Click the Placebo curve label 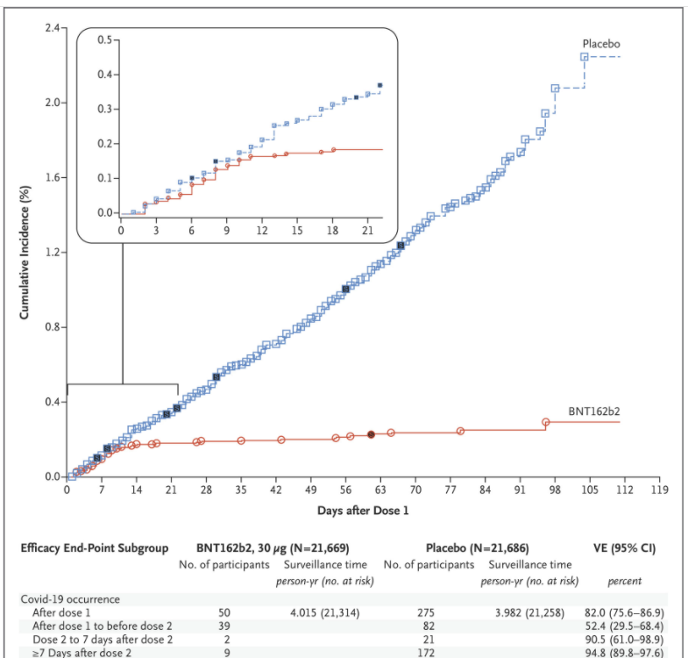[602, 42]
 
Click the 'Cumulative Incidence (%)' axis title [27, 253]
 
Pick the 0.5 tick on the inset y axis [107, 39]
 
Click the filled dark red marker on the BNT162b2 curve [371, 434]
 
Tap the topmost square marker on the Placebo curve [585, 57]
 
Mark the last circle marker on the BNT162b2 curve [546, 422]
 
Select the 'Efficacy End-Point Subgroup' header [94, 548]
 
